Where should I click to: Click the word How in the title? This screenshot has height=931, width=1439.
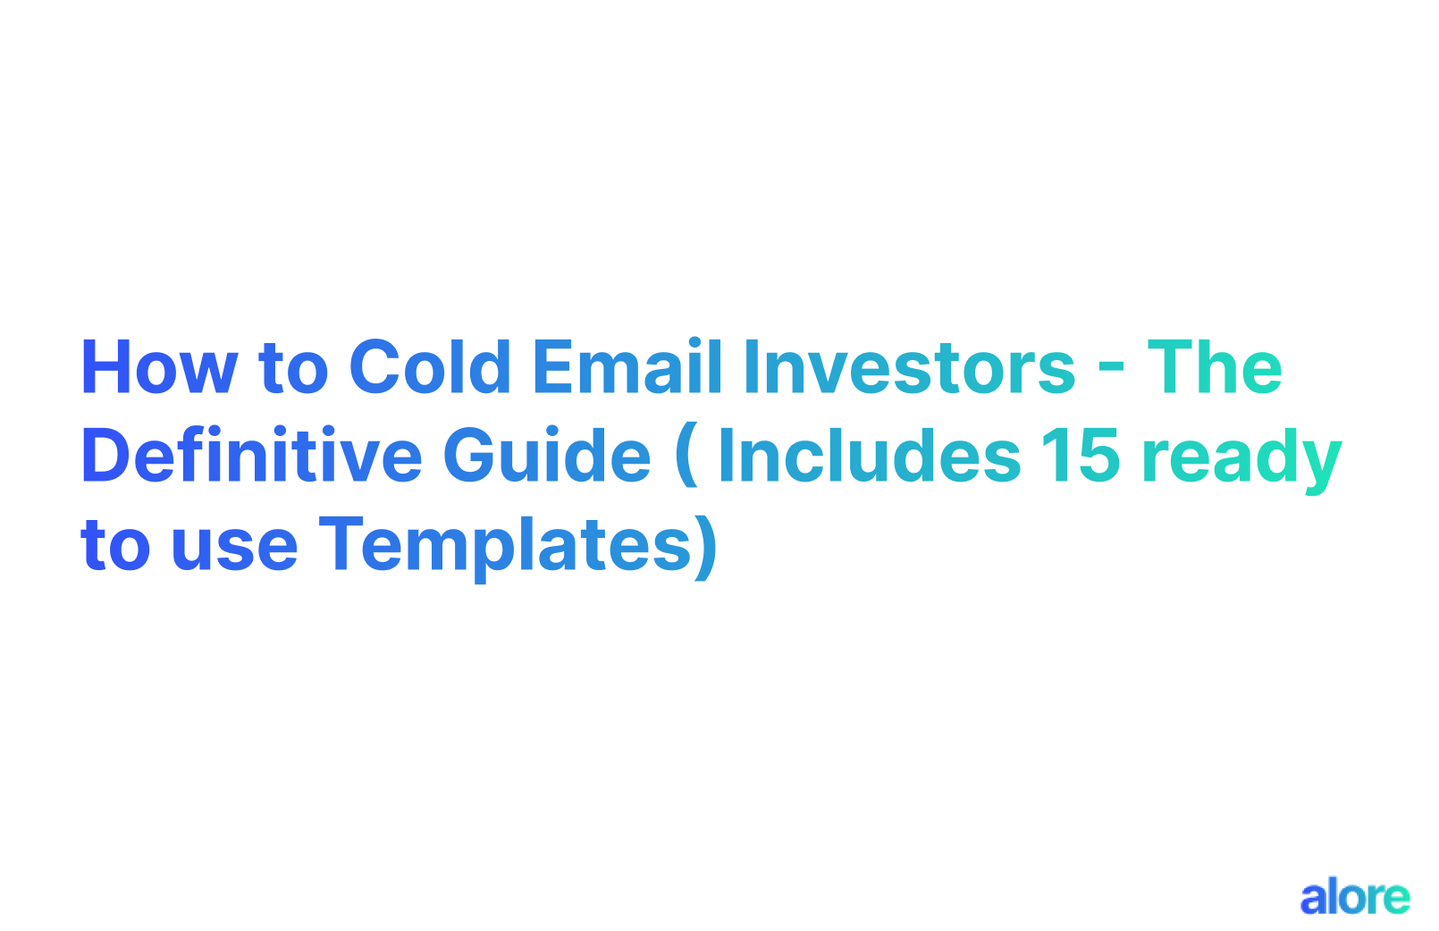click(x=159, y=367)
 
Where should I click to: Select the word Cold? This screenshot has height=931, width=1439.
click(x=430, y=367)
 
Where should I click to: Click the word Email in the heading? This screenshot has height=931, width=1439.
click(x=627, y=367)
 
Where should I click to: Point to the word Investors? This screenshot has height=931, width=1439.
click(x=909, y=367)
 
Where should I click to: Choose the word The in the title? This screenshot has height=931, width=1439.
click(x=1215, y=367)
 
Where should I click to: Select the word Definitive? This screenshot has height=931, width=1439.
click(x=251, y=456)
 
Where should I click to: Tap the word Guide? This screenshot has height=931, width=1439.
click(x=547, y=456)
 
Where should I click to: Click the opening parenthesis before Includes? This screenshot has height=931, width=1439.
click(x=686, y=457)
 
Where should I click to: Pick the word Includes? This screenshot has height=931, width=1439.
click(x=869, y=456)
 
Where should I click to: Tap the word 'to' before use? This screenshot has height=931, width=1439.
click(x=115, y=545)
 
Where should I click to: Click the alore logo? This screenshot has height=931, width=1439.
click(x=1354, y=897)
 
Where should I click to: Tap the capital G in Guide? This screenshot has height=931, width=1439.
click(x=471, y=456)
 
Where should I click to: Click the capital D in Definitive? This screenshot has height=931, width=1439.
click(x=108, y=456)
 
